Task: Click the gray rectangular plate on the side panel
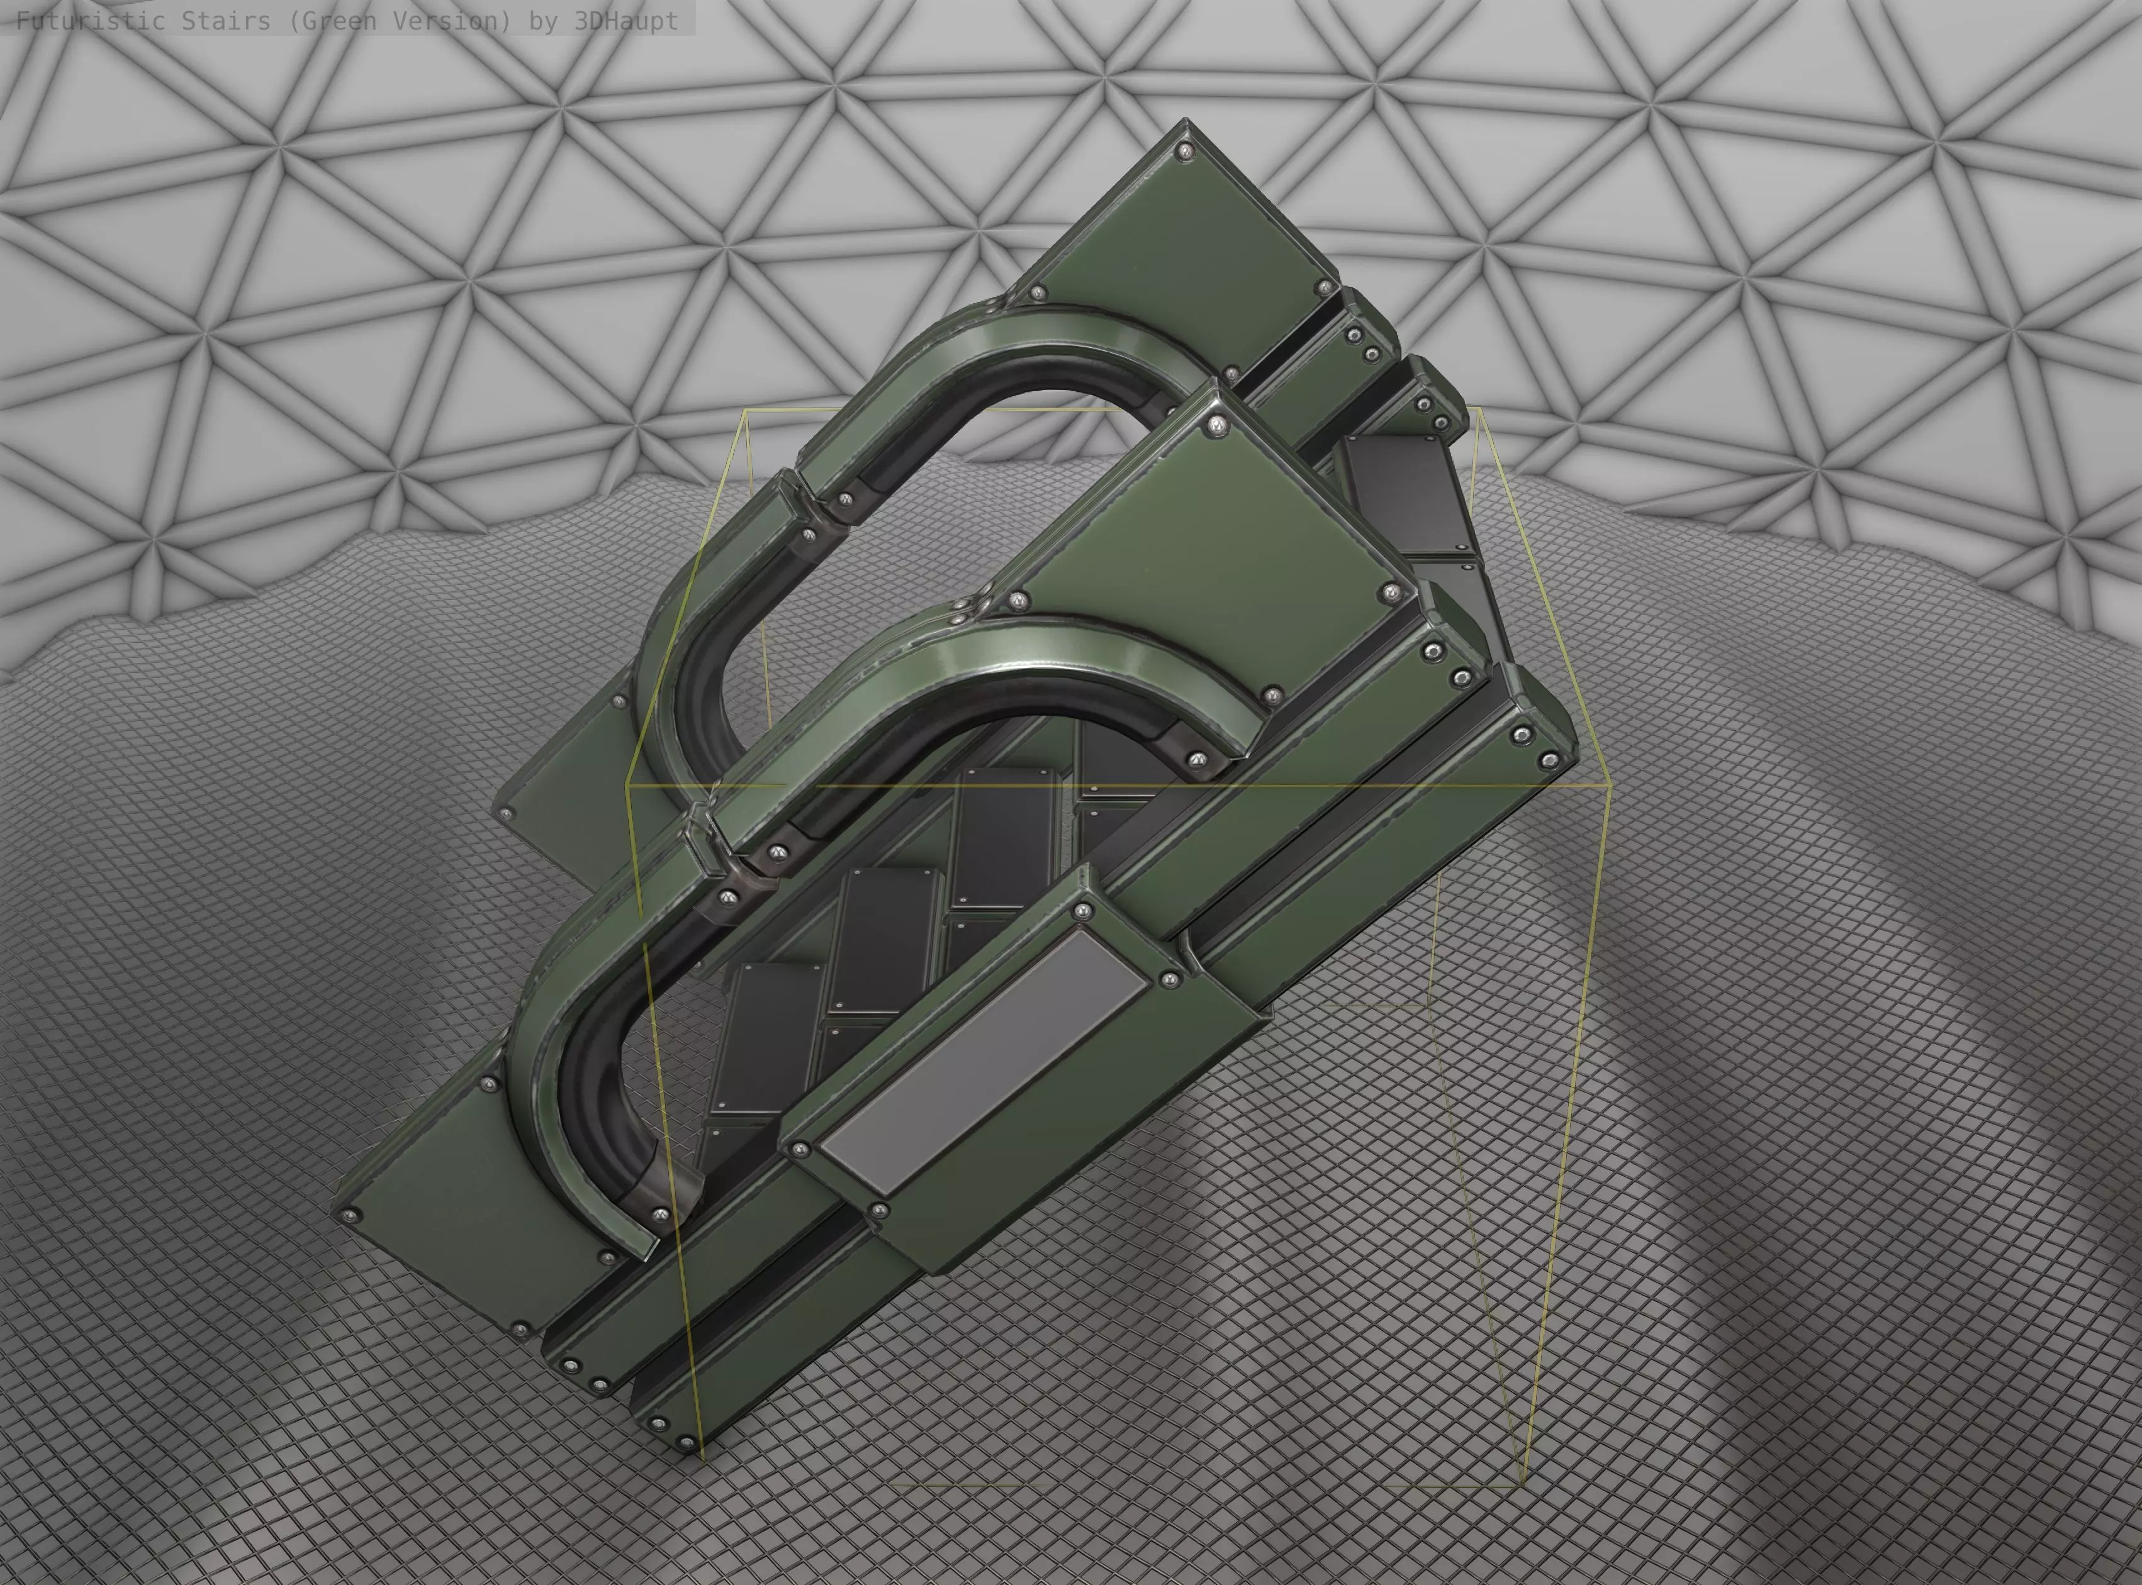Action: (984, 1063)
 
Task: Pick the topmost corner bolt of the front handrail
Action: (1217, 424)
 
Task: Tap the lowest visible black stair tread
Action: (768, 1036)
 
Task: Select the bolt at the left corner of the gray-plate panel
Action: (799, 1147)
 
